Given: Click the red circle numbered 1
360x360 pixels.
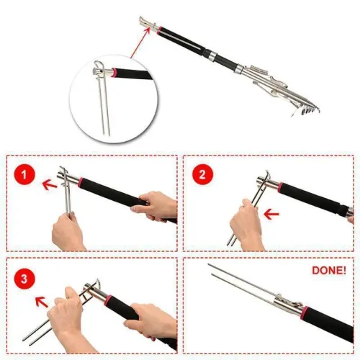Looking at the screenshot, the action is [x=24, y=174].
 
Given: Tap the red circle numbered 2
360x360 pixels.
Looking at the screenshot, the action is [x=202, y=174].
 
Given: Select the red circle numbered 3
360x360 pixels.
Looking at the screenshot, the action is [x=24, y=279].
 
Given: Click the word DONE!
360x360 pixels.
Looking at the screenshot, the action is [x=329, y=271].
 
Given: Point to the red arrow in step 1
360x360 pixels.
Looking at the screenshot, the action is [x=50, y=184].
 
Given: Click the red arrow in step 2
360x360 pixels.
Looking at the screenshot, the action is [x=271, y=214].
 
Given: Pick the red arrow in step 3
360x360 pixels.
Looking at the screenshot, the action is [x=42, y=302].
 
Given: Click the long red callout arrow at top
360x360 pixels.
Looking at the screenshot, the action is [x=140, y=42].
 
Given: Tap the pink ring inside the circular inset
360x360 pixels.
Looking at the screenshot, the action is [x=114, y=73].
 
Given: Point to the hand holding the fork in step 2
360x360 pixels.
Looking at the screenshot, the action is [x=246, y=225].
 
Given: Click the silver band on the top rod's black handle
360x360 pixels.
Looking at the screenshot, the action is [x=212, y=55].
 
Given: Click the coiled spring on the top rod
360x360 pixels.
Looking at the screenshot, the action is [x=258, y=70].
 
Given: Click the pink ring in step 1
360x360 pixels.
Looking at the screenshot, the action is [x=81, y=183].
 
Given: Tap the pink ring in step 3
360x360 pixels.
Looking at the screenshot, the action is [x=108, y=300].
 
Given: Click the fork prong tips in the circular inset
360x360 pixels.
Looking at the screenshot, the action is [x=107, y=133].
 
